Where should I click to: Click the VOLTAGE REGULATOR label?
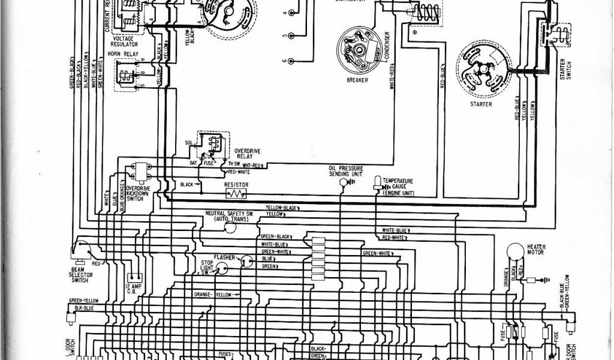(x=124, y=41)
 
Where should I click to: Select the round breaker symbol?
(x=357, y=47)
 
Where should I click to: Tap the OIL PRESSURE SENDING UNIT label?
(x=344, y=171)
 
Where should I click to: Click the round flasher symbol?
(x=245, y=260)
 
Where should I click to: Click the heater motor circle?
(x=514, y=250)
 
